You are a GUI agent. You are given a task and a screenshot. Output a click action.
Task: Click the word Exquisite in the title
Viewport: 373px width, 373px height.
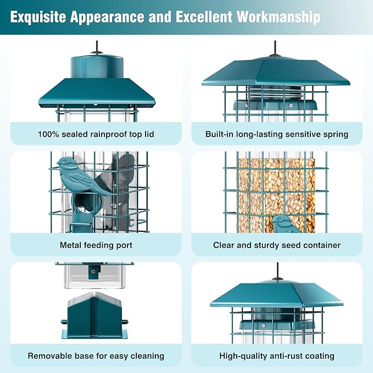[38, 17]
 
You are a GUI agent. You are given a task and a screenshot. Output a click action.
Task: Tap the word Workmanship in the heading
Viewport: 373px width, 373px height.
[279, 17]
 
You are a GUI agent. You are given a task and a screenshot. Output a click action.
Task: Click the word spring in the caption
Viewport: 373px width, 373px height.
[336, 135]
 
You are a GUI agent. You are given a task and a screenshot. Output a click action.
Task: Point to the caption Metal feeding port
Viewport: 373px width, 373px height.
[96, 245]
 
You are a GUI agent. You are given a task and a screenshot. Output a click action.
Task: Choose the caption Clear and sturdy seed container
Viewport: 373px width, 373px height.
[277, 245]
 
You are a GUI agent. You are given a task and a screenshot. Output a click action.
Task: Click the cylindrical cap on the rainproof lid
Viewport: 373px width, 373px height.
[97, 68]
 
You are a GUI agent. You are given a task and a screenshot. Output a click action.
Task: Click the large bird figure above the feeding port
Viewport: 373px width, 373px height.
[82, 177]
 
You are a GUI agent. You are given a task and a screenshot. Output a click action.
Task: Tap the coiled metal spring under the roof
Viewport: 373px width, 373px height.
[276, 93]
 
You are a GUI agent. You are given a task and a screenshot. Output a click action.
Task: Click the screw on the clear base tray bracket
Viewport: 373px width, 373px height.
[93, 271]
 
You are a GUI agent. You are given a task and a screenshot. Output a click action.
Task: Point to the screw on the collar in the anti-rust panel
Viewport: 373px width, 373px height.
[263, 325]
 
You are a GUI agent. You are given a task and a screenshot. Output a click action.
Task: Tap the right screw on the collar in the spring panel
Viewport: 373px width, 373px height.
[290, 105]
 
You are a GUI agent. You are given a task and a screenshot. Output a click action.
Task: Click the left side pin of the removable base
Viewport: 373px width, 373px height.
[64, 322]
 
